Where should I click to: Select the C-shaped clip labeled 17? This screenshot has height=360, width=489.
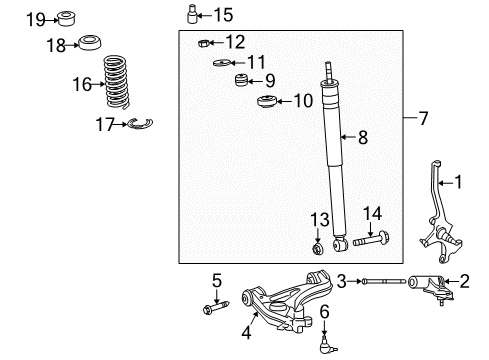tap(141, 123)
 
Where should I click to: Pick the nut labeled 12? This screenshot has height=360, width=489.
tap(203, 42)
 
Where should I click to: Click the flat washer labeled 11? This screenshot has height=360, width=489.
tap(221, 63)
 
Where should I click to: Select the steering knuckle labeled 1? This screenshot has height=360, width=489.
tap(438, 220)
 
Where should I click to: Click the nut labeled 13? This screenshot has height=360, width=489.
tap(318, 268)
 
